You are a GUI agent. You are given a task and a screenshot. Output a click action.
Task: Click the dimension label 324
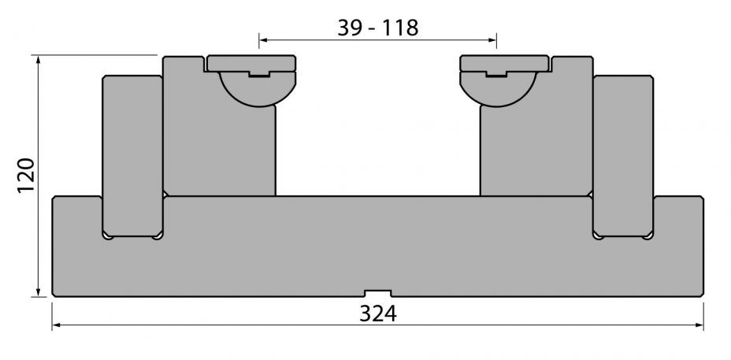tap(377, 314)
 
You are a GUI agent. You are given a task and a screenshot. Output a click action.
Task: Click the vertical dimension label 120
tap(26, 176)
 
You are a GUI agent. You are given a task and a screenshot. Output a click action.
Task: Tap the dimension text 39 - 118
tap(377, 28)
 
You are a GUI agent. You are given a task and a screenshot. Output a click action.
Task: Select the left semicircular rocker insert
tap(258, 88)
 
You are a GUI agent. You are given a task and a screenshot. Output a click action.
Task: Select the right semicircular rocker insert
tap(498, 88)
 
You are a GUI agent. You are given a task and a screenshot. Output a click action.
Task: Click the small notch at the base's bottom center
tap(377, 293)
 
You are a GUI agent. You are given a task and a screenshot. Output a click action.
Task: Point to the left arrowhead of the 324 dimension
tap(55, 325)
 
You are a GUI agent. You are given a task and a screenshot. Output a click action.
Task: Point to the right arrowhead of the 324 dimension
tap(699, 325)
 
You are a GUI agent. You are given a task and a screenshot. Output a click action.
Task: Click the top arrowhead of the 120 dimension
tap(39, 59)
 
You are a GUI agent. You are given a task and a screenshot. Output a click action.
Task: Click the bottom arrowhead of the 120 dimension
tap(39, 292)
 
